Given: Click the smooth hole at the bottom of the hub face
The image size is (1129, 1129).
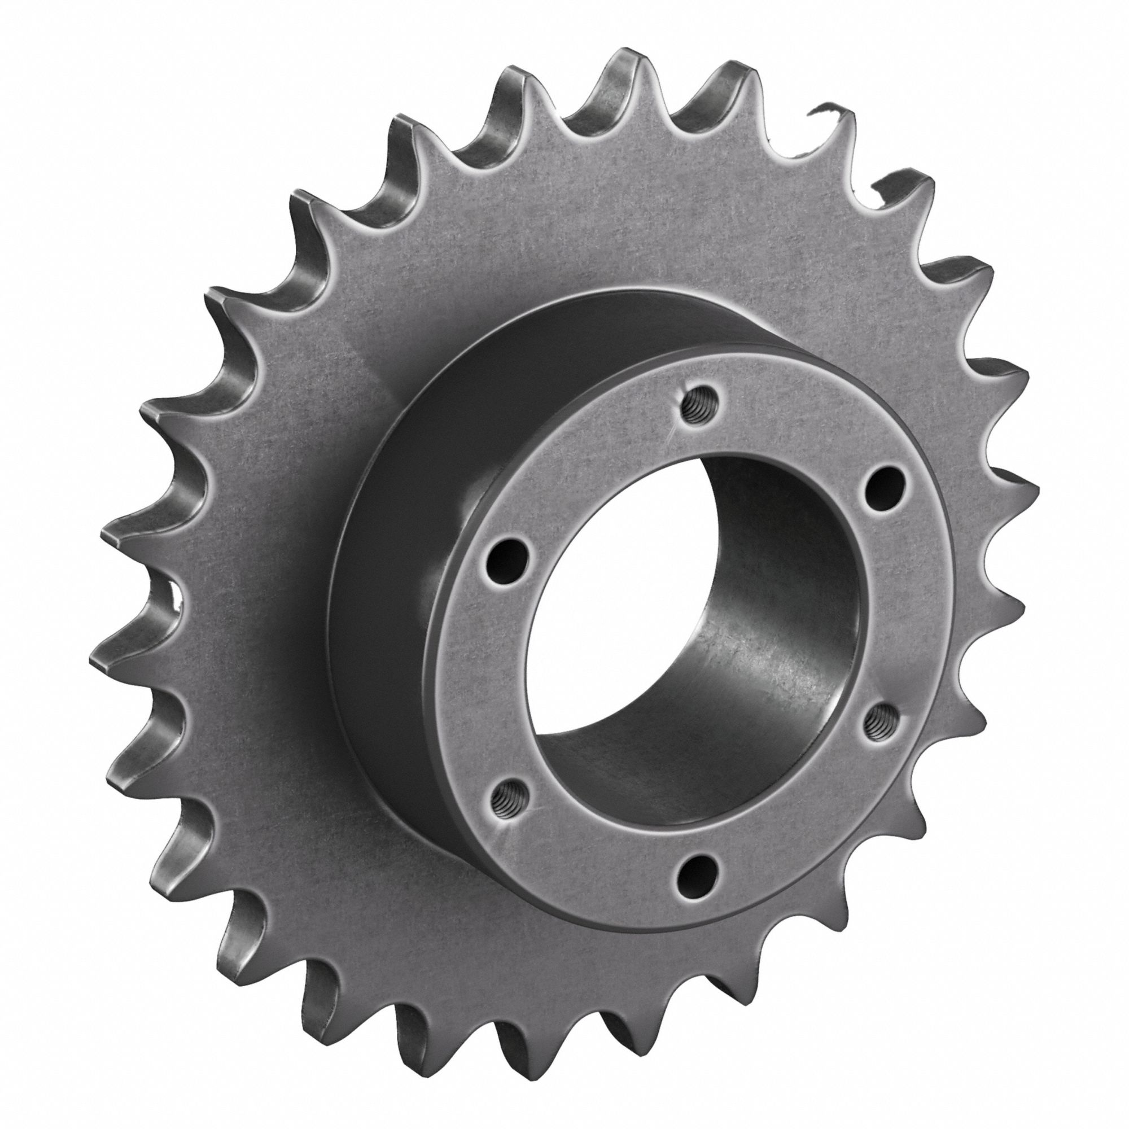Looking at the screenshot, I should click(697, 870).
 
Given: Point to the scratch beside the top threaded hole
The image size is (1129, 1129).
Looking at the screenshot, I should click(672, 435).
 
